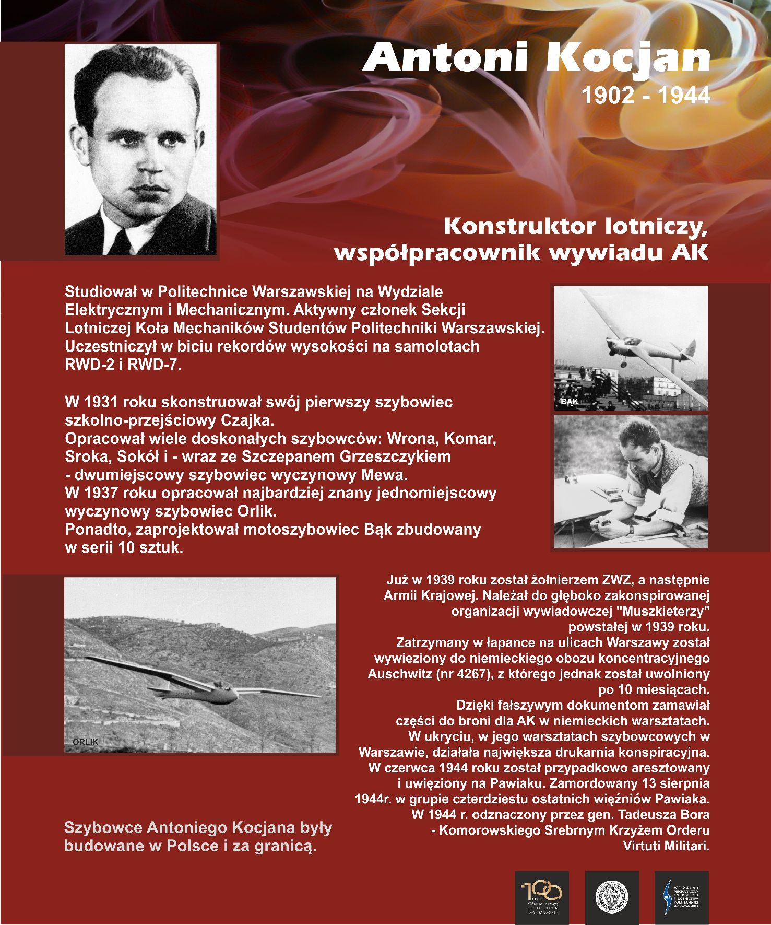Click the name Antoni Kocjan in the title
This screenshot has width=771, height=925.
[x=536, y=57]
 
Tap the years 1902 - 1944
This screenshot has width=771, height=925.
[x=645, y=96]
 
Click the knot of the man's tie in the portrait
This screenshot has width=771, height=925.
[x=121, y=236]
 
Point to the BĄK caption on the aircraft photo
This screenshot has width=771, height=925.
[x=569, y=402]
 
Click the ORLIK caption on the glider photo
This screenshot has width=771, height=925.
[x=85, y=742]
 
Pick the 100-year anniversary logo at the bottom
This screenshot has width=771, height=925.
[x=541, y=897]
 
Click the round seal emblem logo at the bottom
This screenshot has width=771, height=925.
[x=612, y=897]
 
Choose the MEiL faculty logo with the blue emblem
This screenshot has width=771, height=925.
[x=681, y=897]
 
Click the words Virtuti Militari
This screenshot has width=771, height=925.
[x=666, y=846]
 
